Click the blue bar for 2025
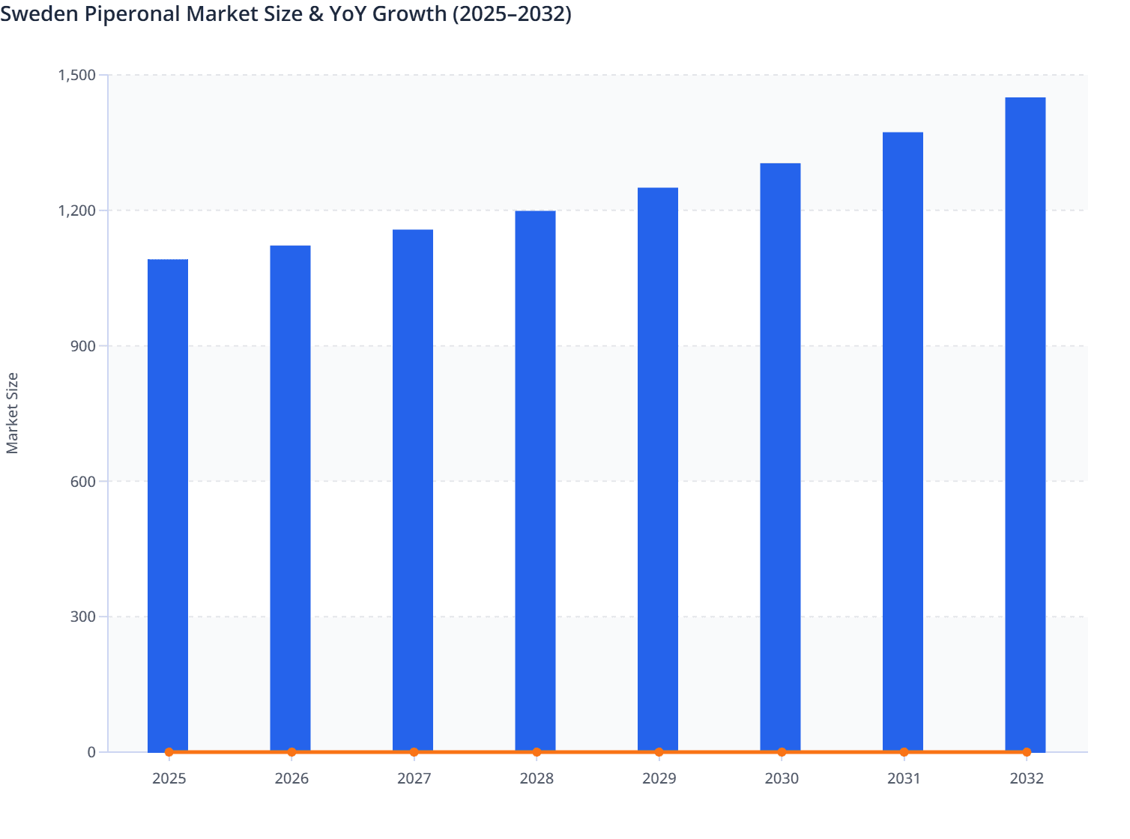[168, 506]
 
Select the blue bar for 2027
[413, 491]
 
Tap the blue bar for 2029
[658, 470]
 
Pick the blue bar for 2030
[780, 457]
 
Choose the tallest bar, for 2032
[1025, 425]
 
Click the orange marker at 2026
[291, 752]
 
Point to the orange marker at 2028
[537, 752]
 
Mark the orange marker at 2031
[904, 752]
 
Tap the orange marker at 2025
[169, 752]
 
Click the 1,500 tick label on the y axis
[76, 75]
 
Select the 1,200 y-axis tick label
[76, 210]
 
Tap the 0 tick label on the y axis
[91, 752]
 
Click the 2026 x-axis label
[291, 778]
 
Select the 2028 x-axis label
[537, 778]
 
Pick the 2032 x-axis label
[1026, 778]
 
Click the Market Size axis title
[12, 413]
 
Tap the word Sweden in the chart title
[39, 13]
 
